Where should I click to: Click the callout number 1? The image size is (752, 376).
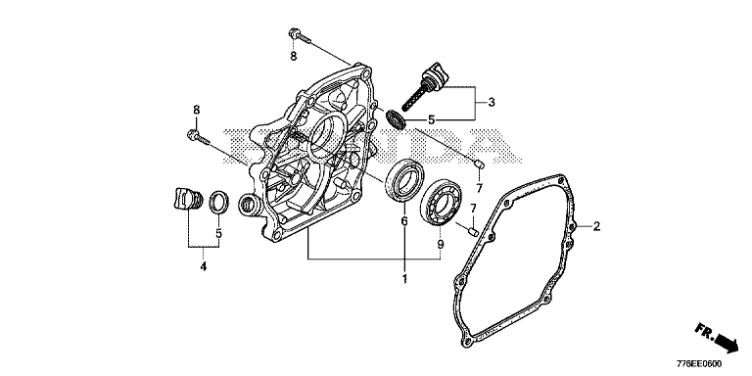point(404,279)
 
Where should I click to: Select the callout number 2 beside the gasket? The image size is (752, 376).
point(596,226)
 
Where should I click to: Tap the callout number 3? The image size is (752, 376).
point(492,102)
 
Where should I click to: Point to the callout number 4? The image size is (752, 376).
point(204,266)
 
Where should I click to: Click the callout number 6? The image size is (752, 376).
point(403,221)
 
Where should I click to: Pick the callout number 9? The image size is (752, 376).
point(441,244)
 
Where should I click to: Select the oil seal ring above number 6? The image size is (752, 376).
point(404,179)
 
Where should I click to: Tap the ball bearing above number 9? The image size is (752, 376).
point(442,202)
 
